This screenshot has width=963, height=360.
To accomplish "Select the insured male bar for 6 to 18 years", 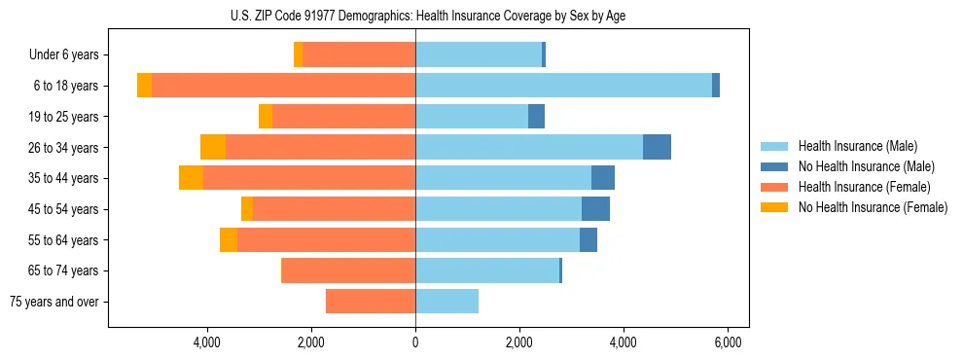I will [x=563, y=86].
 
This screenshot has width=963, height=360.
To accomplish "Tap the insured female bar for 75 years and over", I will [x=371, y=302].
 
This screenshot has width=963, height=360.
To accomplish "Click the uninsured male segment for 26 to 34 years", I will [x=657, y=147].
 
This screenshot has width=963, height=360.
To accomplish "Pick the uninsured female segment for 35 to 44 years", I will [x=191, y=178].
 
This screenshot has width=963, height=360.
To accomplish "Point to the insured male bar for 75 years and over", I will [x=446, y=302].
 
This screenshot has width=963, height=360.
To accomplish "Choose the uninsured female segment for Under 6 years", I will [x=298, y=54].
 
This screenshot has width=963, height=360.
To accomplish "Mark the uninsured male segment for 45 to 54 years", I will [x=595, y=209].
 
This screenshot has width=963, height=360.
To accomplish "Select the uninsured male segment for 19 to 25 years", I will [x=536, y=117].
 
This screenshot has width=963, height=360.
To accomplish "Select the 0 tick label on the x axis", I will [x=415, y=342].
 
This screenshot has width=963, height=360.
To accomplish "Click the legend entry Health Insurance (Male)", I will [x=857, y=146].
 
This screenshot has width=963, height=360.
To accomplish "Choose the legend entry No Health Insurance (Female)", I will [x=873, y=207].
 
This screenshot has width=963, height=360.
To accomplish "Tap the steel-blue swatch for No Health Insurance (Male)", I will [x=774, y=166].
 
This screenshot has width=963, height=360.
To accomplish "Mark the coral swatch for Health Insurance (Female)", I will [x=774, y=187].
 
